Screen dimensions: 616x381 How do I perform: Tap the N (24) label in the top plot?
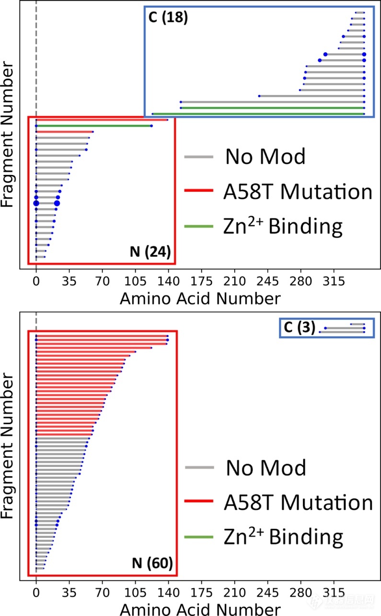(151, 252)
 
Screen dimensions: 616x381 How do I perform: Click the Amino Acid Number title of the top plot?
(199, 298)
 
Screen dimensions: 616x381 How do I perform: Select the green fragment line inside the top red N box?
(93, 126)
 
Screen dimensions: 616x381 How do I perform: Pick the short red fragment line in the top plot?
(64, 131)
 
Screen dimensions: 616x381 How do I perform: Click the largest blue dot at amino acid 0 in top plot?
(36, 203)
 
